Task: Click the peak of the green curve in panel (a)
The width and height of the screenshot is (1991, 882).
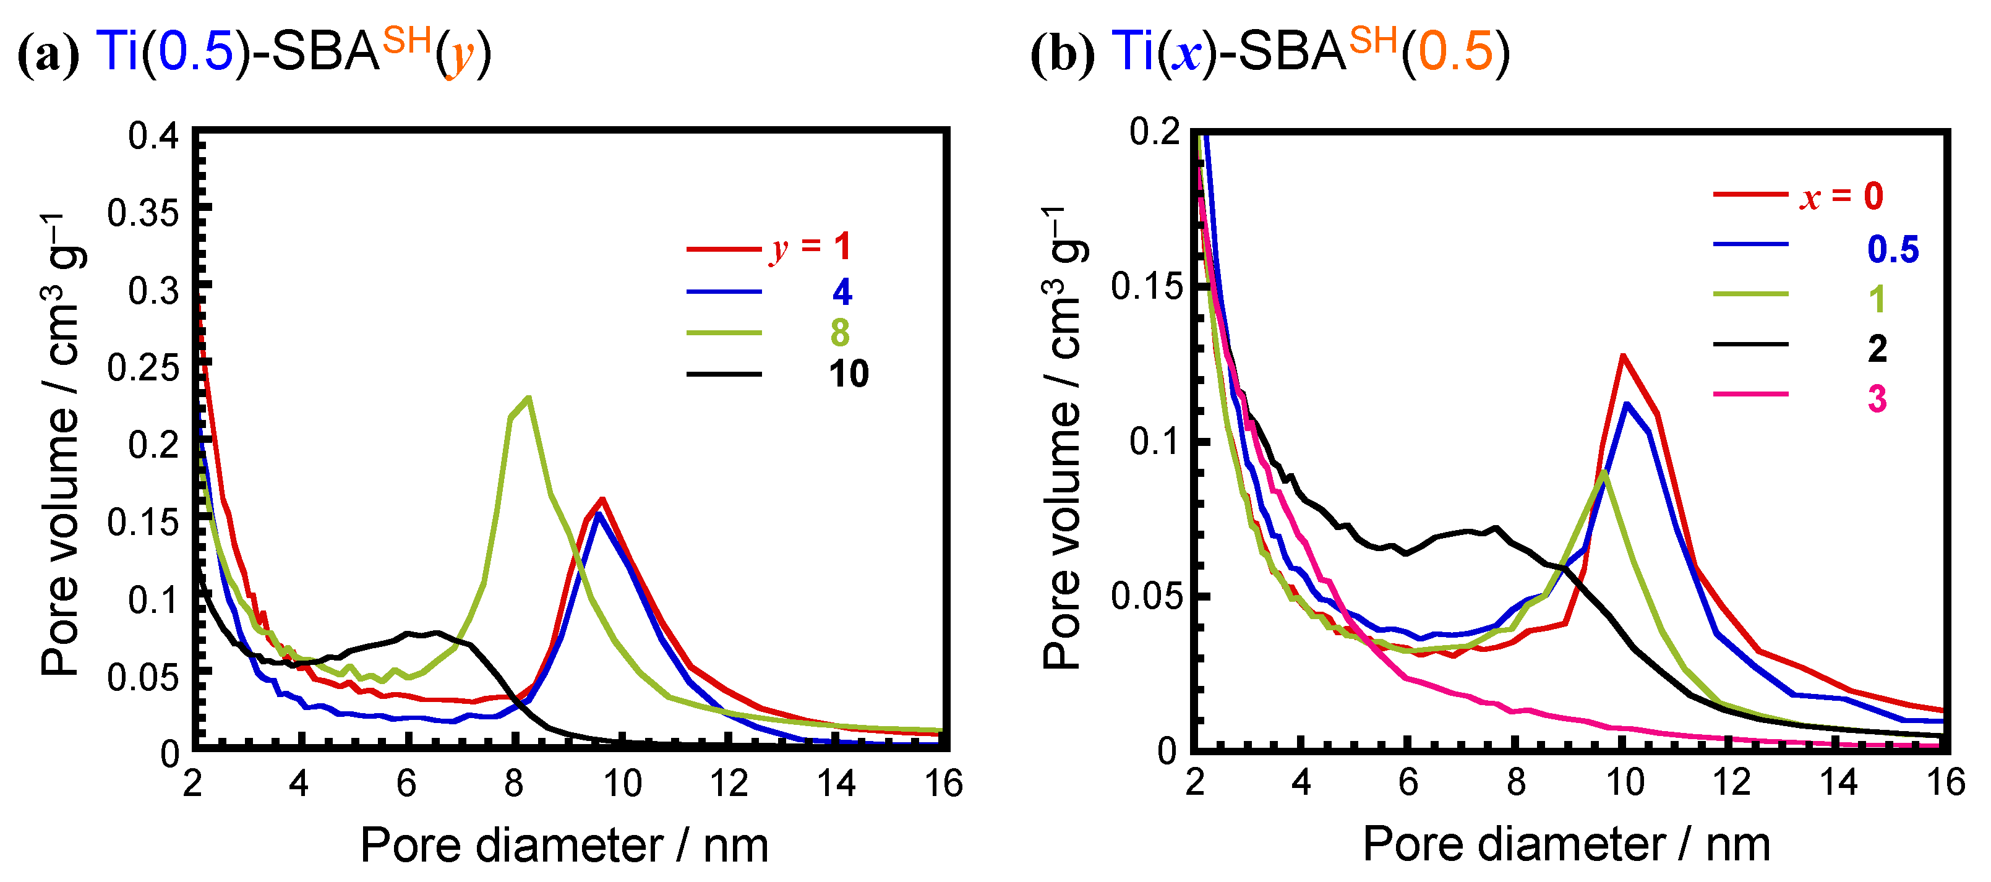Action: [528, 399]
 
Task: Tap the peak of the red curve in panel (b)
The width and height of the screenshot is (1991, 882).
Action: [1623, 356]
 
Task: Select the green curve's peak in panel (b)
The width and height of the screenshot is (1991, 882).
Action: [1605, 473]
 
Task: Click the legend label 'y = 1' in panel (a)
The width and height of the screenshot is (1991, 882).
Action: [810, 247]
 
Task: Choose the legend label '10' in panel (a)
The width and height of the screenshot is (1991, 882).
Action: [849, 374]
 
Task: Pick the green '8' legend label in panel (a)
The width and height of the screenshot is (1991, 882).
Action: [840, 333]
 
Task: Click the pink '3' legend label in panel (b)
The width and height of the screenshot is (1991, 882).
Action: [1877, 399]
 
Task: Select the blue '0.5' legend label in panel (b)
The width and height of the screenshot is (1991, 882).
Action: [1893, 249]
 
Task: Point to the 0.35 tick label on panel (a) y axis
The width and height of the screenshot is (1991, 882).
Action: [142, 213]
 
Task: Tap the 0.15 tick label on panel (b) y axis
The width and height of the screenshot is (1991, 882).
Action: [1146, 287]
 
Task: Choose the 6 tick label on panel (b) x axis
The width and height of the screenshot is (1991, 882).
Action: [1408, 782]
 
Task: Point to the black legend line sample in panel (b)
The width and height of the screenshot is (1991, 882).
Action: [1750, 344]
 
